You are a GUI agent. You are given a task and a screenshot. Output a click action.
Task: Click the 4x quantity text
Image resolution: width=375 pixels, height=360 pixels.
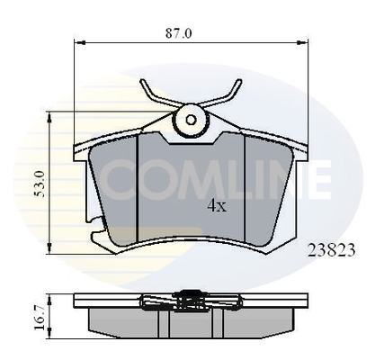(x=217, y=204)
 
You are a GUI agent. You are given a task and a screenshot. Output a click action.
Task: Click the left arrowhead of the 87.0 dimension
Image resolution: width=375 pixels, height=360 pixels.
(x=76, y=41)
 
